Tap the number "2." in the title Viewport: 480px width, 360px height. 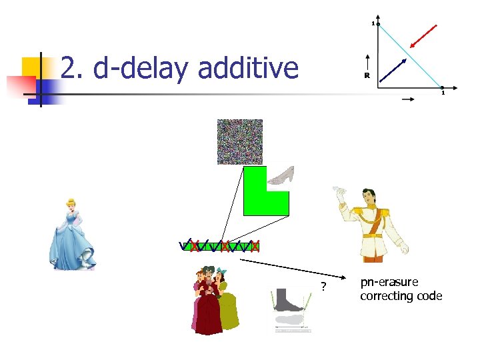[x=73, y=68]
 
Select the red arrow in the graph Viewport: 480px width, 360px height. [x=424, y=36]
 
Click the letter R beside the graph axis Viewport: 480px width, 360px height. [x=367, y=75]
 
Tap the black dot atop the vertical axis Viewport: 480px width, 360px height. [x=377, y=25]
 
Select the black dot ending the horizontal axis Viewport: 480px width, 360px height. [x=441, y=87]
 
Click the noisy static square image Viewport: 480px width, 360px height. [x=240, y=141]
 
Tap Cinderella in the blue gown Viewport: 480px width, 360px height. [x=71, y=233]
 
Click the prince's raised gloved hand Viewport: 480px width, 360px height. [x=342, y=195]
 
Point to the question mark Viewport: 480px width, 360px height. [x=323, y=287]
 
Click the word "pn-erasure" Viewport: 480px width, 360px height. [x=389, y=283]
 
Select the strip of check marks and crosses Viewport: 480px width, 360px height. [x=220, y=246]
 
